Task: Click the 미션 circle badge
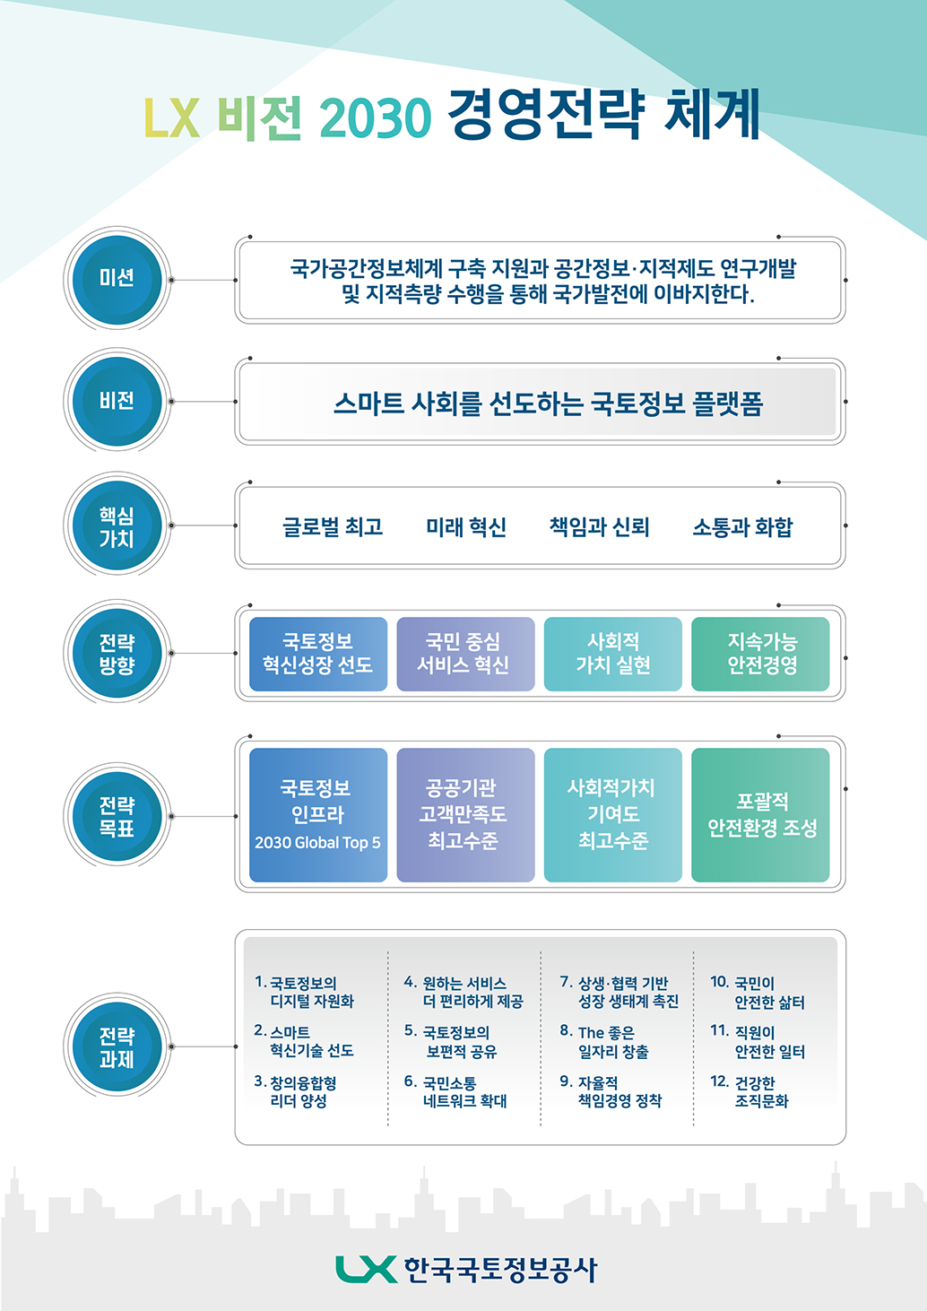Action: tap(117, 280)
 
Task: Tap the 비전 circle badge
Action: tap(117, 402)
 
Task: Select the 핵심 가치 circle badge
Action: tap(117, 525)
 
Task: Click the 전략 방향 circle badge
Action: tap(117, 653)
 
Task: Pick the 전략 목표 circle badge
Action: tap(117, 816)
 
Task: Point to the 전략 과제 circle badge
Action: tap(117, 1046)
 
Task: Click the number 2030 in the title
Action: tap(376, 117)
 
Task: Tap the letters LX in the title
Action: tap(172, 117)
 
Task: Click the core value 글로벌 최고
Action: tap(333, 526)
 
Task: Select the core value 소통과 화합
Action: tap(742, 526)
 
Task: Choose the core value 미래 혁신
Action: tap(466, 526)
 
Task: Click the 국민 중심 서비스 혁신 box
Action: tap(466, 654)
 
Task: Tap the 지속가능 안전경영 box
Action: tap(760, 654)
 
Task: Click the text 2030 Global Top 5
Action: tap(317, 843)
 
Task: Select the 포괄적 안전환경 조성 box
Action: tap(760, 815)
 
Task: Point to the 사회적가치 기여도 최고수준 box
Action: tap(612, 815)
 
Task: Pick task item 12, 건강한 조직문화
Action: tap(749, 1091)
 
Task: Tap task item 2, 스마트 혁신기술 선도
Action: tap(304, 1040)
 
